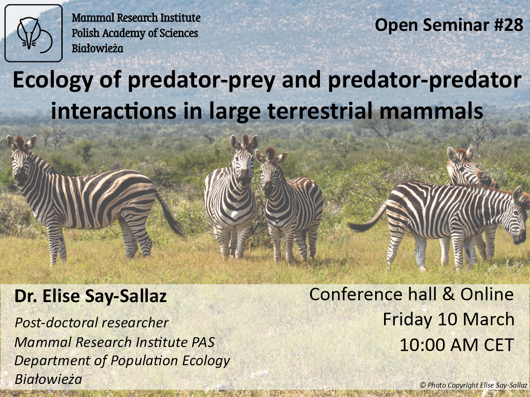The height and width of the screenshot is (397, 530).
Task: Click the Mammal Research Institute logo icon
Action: pos(34,33)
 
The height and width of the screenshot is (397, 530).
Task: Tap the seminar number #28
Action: pos(508,25)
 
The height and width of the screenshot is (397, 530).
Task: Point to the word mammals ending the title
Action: pos(431,110)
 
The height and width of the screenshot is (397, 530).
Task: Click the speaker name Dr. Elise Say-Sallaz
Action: pos(91,296)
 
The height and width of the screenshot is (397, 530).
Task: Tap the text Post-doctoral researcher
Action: pos(91,323)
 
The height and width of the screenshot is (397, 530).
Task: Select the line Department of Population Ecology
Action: pos(122,361)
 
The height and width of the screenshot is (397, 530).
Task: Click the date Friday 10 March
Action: pos(448,319)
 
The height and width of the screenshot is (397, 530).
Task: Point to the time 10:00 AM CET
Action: pos(457,345)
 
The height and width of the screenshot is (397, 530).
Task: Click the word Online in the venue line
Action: pos(487,294)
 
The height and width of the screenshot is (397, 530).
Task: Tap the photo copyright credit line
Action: pos(473,385)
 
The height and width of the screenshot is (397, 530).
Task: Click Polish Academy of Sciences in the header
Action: pos(135,33)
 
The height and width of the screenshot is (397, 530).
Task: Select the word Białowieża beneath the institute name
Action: pos(97,48)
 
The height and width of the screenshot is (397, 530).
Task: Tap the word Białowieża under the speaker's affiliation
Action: pos(48,379)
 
